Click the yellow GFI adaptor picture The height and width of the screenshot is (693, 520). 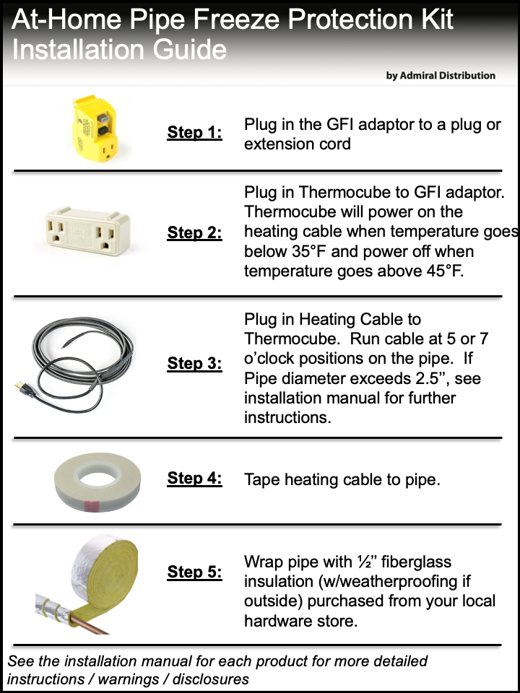click(95, 128)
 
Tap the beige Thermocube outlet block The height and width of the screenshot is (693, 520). click(87, 232)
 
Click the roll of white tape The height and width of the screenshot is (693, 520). click(97, 481)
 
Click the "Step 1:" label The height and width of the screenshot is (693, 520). click(194, 132)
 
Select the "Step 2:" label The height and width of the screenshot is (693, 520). click(194, 232)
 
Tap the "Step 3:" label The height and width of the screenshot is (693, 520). click(194, 363)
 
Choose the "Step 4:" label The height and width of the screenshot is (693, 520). click(194, 478)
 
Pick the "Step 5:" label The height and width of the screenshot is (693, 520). click(194, 572)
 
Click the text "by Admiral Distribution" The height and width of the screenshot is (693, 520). click(441, 76)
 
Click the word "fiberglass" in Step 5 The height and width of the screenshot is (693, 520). click(416, 562)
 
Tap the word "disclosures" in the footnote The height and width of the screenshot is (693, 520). click(211, 679)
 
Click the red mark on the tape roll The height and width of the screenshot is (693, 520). click(91, 505)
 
